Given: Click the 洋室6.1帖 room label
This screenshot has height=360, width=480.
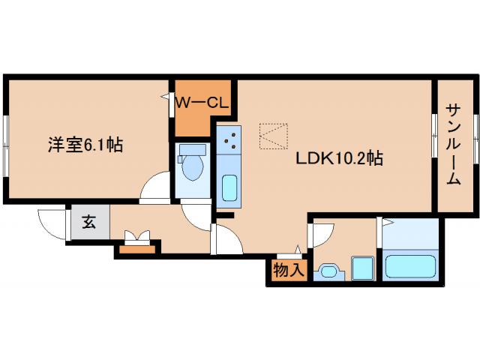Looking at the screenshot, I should click(85, 145).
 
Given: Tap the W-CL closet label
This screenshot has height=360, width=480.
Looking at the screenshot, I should click(202, 103).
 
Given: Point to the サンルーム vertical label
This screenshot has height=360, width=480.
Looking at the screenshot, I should click(454, 144).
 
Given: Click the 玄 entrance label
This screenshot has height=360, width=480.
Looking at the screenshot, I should click(89, 223).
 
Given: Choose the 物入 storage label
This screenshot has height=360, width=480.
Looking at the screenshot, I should click(289, 270).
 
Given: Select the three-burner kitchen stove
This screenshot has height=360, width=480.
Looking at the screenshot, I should click(229, 138).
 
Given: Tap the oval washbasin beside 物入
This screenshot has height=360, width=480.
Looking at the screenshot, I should click(328, 271).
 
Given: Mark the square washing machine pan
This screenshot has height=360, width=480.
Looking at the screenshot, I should click(363, 268).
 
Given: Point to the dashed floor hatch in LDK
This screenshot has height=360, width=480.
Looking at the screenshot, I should click(274, 135).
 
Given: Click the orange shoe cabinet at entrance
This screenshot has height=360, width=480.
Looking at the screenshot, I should click(136, 248).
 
